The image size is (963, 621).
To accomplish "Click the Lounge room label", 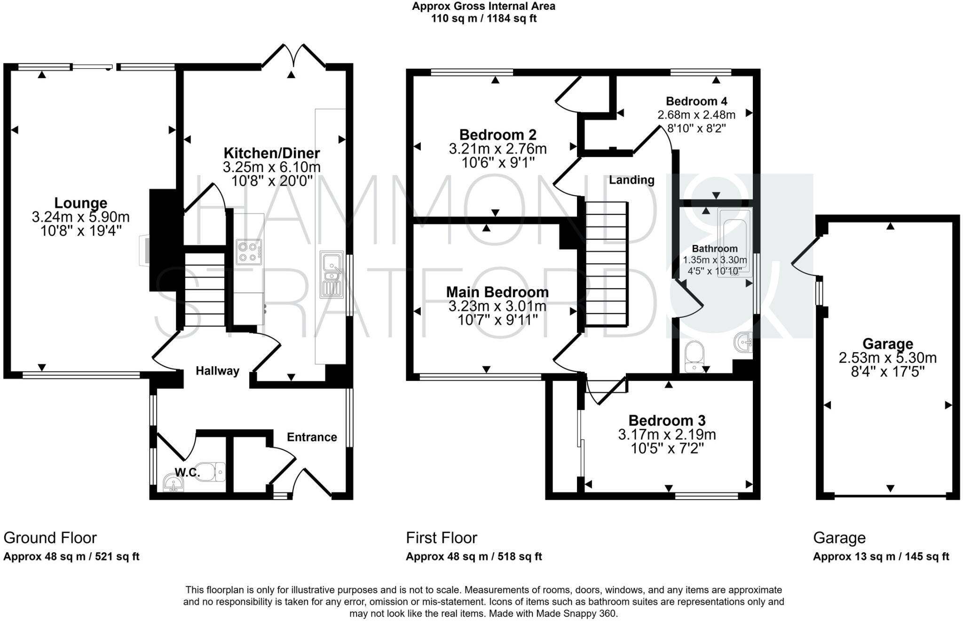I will (81, 203).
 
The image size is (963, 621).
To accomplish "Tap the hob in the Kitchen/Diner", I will (249, 252).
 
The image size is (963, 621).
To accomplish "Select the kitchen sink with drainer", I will (331, 275).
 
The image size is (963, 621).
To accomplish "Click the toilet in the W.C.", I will (217, 472).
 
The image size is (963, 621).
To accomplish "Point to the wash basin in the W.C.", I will (173, 483).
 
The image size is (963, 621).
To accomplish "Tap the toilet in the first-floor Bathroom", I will (695, 356).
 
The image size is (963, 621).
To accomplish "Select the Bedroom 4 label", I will (696, 101).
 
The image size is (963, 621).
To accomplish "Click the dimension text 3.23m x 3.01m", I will (497, 307).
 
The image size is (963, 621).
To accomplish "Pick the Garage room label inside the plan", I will (887, 344).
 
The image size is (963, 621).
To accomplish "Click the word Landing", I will (631, 180).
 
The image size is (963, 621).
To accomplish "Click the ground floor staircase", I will (205, 290).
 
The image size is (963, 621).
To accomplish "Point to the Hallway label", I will (217, 371).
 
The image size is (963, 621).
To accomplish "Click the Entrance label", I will (312, 437).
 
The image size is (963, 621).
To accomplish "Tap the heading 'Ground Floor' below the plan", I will (50, 537).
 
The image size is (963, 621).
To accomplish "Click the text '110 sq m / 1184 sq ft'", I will (484, 19).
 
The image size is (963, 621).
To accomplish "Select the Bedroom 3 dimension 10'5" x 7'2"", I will (667, 448).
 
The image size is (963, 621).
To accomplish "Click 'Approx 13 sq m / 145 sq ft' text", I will (881, 557).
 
